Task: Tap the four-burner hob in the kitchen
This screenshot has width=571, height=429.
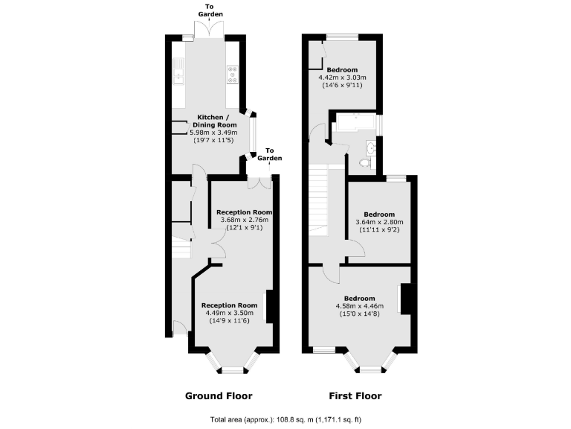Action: tap(232, 74)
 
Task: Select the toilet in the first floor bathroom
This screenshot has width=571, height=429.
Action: tap(364, 162)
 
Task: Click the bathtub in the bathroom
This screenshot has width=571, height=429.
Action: tap(355, 124)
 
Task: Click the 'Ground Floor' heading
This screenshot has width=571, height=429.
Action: tap(218, 395)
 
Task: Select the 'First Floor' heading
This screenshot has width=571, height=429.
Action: tap(355, 395)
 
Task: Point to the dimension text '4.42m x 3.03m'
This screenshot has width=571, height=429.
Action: tap(343, 77)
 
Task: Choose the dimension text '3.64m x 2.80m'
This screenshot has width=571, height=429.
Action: tap(380, 222)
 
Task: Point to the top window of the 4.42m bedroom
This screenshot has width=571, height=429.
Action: tap(342, 36)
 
